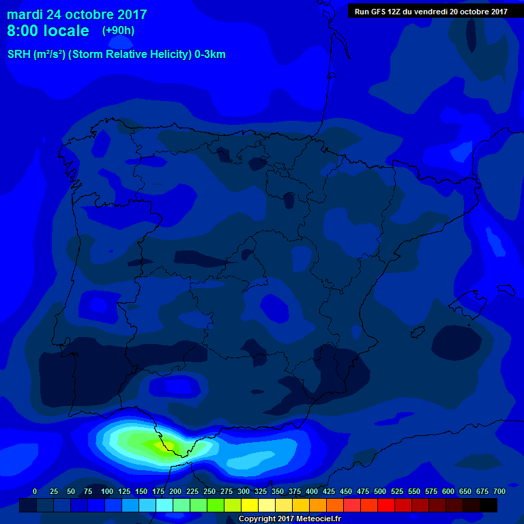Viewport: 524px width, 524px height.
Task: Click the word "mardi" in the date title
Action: pos(25,14)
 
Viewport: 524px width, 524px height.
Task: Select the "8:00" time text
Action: pos(23,31)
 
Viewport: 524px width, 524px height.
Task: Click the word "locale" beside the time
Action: pos(66,31)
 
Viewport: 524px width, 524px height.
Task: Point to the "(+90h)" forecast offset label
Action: pos(118,30)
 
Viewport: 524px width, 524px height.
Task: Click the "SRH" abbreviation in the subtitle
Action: pos(18,55)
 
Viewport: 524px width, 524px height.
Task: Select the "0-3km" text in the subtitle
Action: pos(209,55)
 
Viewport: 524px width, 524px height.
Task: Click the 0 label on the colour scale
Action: pos(35,491)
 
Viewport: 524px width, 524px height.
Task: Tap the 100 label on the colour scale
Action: pos(107,491)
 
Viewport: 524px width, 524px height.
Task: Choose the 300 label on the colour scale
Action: pos(244,491)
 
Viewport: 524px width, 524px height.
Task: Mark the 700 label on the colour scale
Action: pos(499,491)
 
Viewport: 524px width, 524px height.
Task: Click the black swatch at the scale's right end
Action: pos(489,505)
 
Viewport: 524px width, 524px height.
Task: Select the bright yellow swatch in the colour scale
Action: pos(250,505)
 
